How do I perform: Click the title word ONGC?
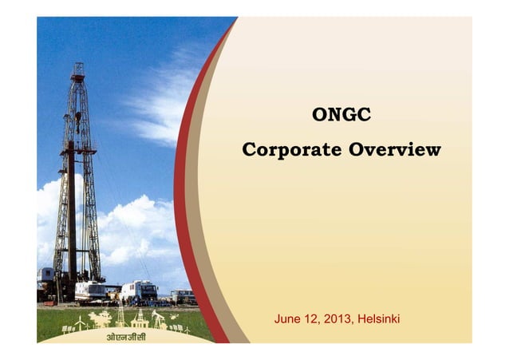pyautogui.click(x=341, y=116)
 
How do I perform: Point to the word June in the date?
pyautogui.click(x=288, y=320)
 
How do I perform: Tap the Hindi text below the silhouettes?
pyautogui.click(x=127, y=335)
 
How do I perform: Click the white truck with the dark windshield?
pyautogui.click(x=140, y=291)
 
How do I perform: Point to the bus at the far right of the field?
pyautogui.click(x=183, y=296)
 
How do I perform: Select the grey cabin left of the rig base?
pyautogui.click(x=45, y=275)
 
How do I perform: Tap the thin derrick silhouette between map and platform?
pyautogui.click(x=120, y=317)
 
